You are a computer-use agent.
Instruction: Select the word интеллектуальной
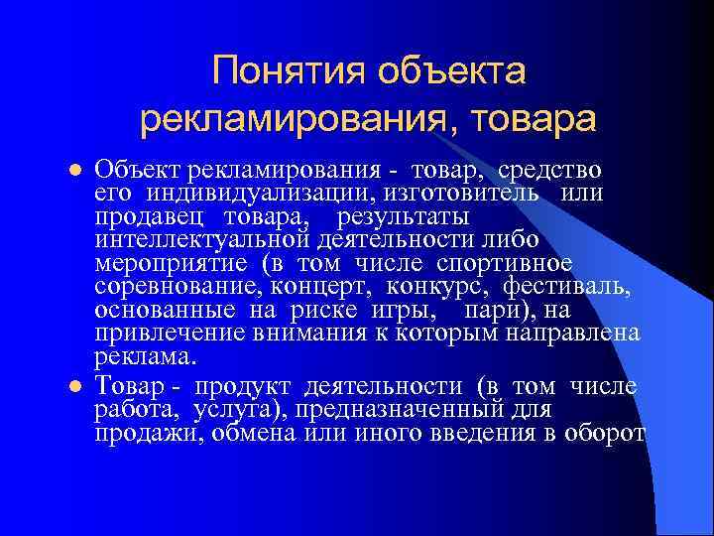tap(206, 238)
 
